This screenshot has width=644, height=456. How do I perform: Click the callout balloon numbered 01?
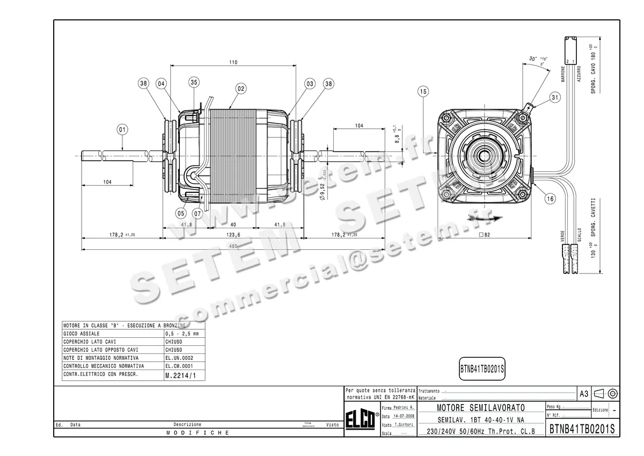click(122, 129)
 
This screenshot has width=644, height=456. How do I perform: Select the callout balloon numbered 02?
click(240, 88)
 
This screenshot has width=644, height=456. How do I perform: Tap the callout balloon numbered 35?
click(194, 82)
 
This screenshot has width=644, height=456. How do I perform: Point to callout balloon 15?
click(423, 92)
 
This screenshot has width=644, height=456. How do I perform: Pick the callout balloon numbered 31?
click(554, 97)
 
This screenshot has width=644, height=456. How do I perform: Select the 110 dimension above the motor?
click(233, 62)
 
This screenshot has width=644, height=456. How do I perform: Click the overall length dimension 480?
click(232, 247)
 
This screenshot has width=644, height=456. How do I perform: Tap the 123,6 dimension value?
click(233, 235)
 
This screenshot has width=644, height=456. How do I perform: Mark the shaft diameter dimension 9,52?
click(322, 189)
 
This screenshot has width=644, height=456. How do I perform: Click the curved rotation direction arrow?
click(485, 218)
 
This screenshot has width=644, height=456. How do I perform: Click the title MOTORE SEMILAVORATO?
click(481, 409)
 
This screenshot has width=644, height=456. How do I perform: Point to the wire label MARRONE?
click(563, 75)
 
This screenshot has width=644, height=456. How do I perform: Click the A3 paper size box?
click(584, 394)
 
